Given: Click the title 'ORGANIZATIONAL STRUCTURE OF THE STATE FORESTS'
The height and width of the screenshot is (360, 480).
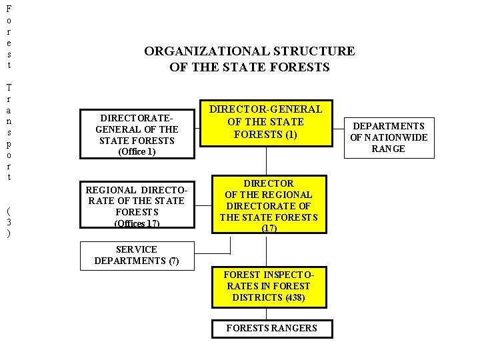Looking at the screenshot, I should tap(250, 59).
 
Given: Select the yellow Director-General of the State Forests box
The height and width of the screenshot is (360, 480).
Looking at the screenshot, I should tap(266, 122).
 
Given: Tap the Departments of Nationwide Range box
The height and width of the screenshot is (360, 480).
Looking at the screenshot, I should tap(389, 137).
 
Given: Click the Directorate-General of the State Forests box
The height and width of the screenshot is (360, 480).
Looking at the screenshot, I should tap(137, 133).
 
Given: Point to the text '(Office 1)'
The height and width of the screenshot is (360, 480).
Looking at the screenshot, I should tap(137, 151).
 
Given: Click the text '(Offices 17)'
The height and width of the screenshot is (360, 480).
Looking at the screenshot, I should tap(137, 223).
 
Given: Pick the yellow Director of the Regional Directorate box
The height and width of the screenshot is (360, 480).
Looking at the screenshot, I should tap(269, 204).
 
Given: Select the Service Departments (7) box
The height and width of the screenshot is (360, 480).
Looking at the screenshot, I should tap(137, 255).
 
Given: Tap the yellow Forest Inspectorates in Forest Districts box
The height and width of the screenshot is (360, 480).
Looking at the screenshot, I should tap(269, 286).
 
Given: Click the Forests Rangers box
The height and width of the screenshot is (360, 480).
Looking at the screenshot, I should tap(271, 328).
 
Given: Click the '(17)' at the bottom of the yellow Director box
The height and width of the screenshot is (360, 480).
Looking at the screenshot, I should tap(269, 228).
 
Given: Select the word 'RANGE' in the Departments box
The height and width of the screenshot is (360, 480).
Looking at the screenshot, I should tap(389, 149).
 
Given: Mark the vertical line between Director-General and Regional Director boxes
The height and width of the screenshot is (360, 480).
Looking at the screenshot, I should tap(267, 161).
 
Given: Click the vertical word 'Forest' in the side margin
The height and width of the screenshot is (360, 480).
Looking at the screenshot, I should tap(8, 37).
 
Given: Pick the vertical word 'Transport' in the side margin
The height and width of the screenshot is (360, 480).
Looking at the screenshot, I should tap(8, 132).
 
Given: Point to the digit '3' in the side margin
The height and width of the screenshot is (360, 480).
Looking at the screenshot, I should tap(8, 222).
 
